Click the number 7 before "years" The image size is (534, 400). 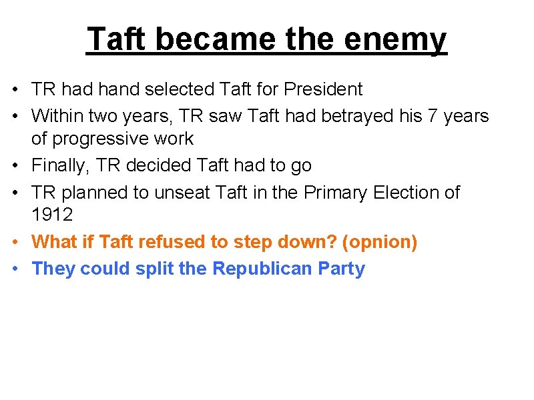coord(433,116)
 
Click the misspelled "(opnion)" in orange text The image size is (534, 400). coord(379,242)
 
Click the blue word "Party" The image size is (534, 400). coord(342,269)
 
